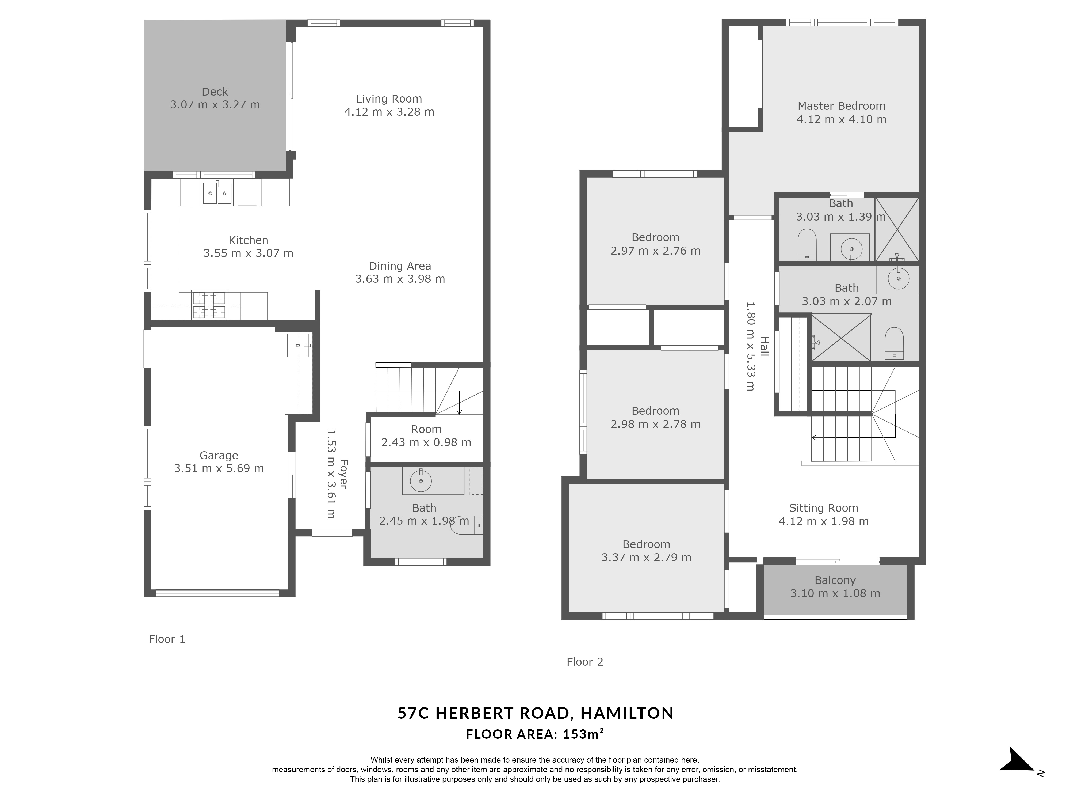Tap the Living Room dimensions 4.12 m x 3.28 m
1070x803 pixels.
[389, 112]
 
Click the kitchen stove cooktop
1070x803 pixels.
[209, 305]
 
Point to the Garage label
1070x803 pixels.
[219, 456]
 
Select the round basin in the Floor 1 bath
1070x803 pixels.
[421, 481]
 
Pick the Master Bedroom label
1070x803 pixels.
[842, 106]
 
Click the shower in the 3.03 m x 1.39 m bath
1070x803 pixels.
[897, 229]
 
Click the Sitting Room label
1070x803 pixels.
[824, 508]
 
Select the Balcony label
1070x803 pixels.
[835, 580]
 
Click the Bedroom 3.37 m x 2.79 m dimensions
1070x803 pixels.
[646, 558]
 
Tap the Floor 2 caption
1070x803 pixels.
[585, 662]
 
